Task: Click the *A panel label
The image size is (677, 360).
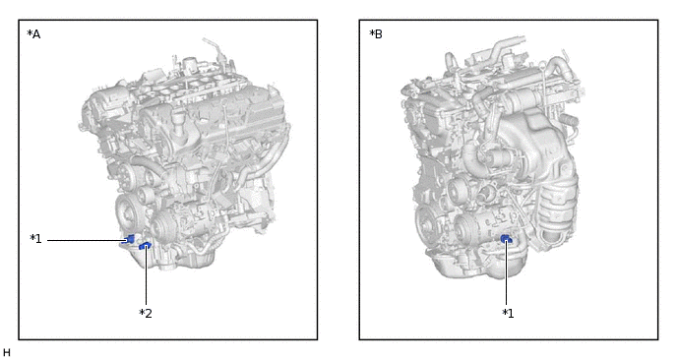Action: [x=33, y=34]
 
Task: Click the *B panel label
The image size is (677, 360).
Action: [x=376, y=34]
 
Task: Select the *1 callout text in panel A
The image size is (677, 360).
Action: [x=35, y=239]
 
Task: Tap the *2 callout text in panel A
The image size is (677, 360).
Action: [x=146, y=314]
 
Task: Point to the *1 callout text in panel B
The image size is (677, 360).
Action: [x=508, y=314]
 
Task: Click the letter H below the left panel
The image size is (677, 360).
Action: [x=7, y=353]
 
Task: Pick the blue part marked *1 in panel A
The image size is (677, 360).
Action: [x=129, y=239]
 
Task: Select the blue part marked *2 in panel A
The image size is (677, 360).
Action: [x=145, y=246]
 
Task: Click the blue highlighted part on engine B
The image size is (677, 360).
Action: [x=506, y=239]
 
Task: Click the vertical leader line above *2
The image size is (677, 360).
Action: [x=146, y=275]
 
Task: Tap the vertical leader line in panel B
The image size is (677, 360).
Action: [x=507, y=272]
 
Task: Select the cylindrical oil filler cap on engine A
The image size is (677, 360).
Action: [x=179, y=116]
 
